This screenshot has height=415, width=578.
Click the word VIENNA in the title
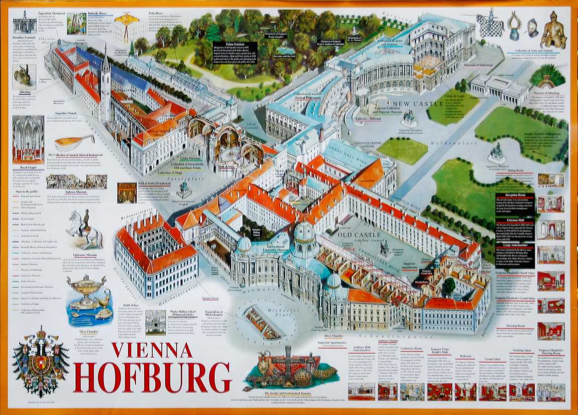click(x=152, y=350)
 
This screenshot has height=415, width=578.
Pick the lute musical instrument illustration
click(x=73, y=142)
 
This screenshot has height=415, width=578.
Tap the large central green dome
click(x=304, y=234)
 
